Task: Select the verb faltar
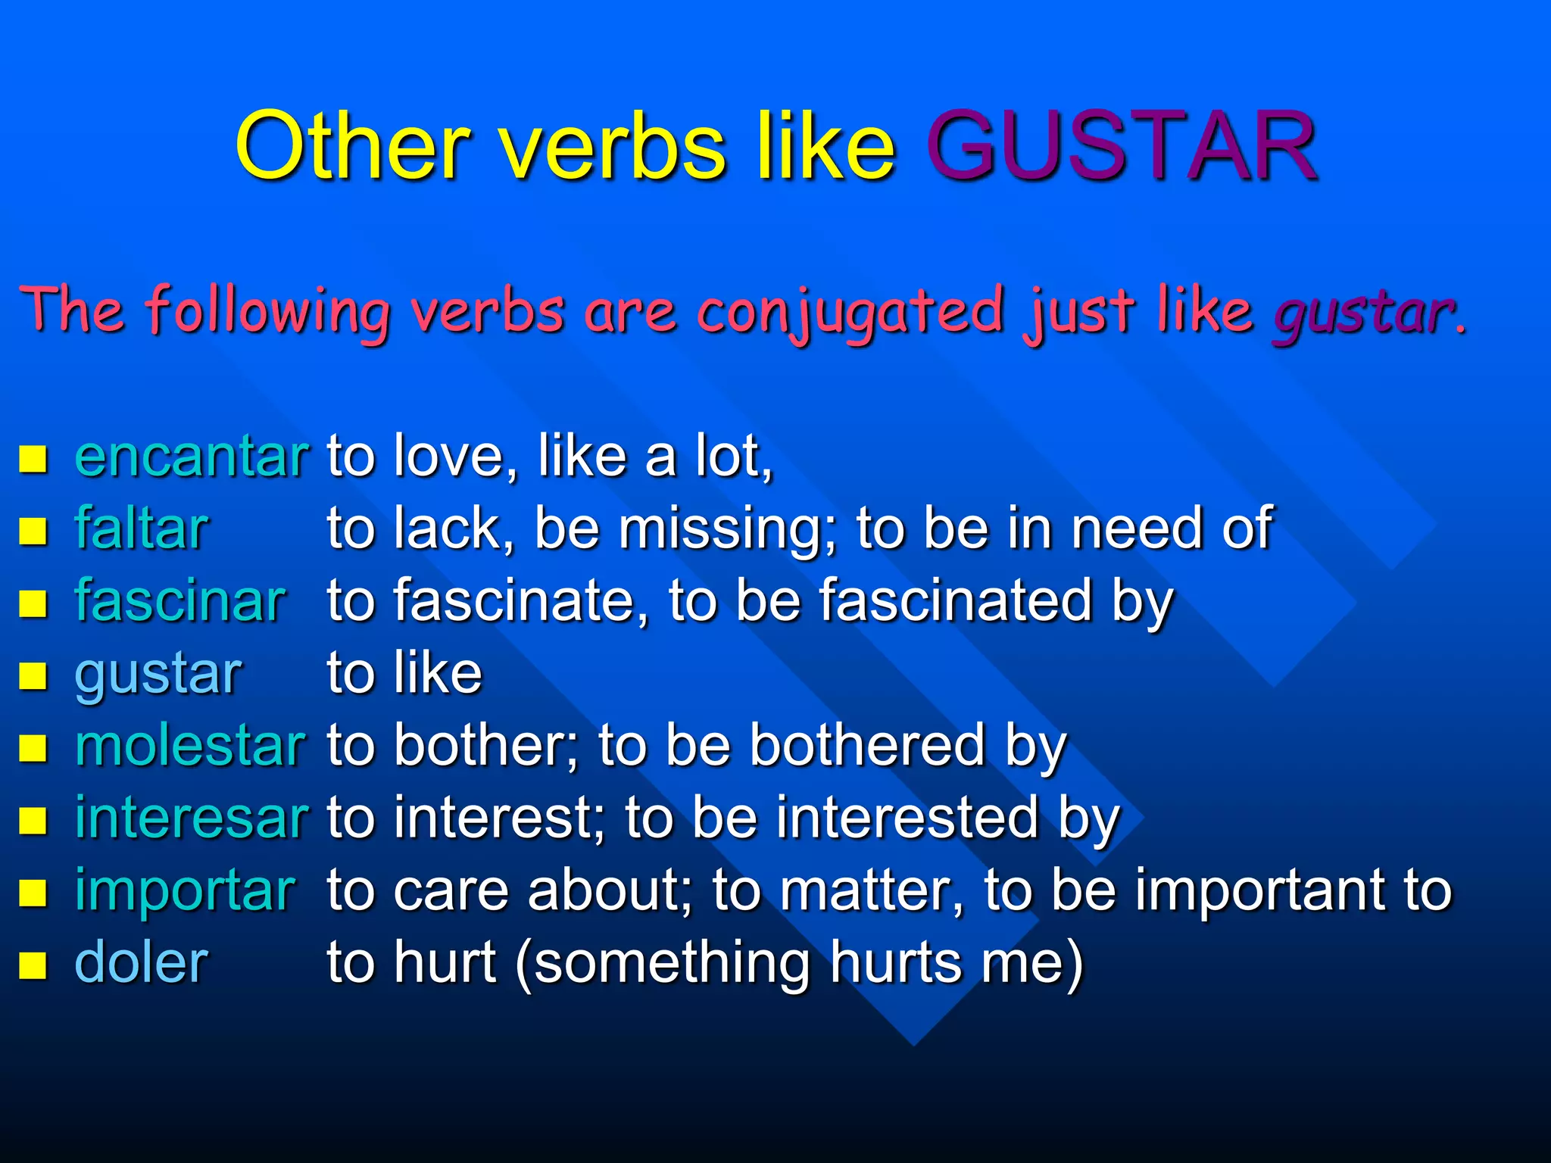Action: (142, 528)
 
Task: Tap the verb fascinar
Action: (180, 601)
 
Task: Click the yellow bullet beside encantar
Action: (33, 459)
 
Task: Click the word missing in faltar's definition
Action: (728, 528)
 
